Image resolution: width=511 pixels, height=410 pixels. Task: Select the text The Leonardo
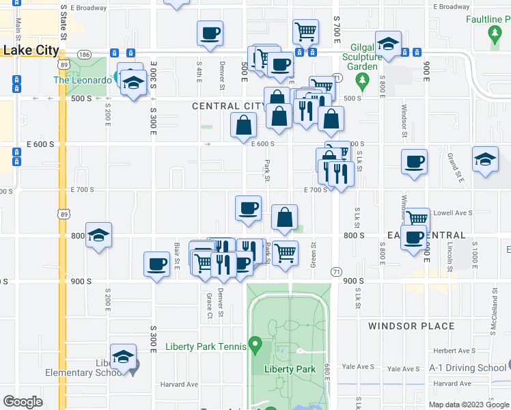pyautogui.click(x=82, y=80)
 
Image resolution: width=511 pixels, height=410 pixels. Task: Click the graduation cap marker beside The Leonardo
pyautogui.click(x=133, y=83)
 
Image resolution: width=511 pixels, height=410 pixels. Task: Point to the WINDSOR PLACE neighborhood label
pyautogui.click(x=411, y=326)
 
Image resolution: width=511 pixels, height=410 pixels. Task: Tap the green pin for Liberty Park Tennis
pyautogui.click(x=255, y=343)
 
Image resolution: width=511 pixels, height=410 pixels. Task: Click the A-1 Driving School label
pyautogui.click(x=468, y=368)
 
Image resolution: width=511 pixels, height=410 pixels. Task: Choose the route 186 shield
pyautogui.click(x=84, y=53)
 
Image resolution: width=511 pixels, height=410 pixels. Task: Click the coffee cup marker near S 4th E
pyautogui.click(x=210, y=33)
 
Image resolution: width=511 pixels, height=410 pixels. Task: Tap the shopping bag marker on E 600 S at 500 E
pyautogui.click(x=244, y=125)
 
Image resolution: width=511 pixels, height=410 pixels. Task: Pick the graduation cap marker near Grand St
pyautogui.click(x=485, y=161)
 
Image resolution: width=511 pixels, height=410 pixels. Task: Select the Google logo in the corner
pyautogui.click(x=23, y=401)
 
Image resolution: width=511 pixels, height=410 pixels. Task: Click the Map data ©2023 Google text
pyautogui.click(x=469, y=405)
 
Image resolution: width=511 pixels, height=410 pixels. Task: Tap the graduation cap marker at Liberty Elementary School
pyautogui.click(x=123, y=357)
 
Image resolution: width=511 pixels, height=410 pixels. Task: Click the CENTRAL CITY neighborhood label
pyautogui.click(x=228, y=106)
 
